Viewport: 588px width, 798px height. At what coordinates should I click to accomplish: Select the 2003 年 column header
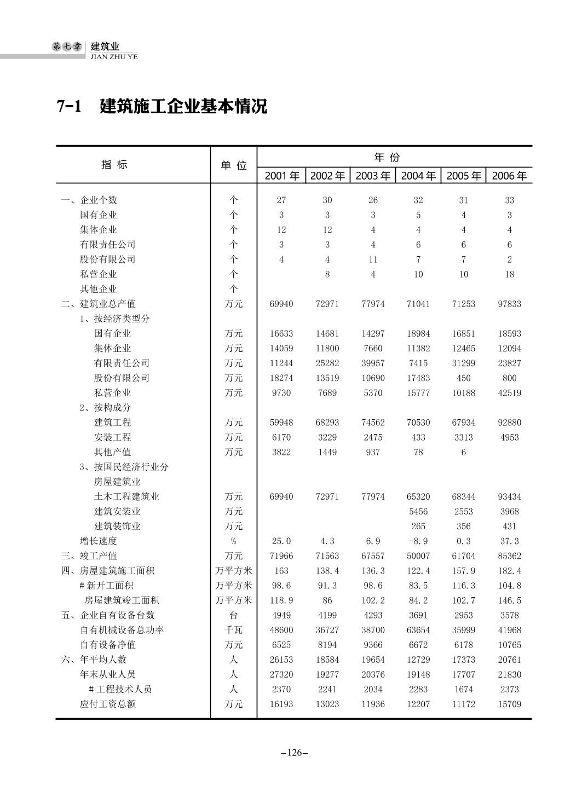[373, 176]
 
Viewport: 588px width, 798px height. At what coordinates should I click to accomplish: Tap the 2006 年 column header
[509, 176]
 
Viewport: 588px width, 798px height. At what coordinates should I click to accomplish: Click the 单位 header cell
[234, 165]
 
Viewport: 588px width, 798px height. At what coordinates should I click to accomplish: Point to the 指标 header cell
[114, 164]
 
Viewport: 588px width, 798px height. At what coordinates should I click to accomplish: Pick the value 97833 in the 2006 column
[509, 304]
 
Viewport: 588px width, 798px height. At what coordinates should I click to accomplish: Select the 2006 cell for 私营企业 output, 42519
[509, 392]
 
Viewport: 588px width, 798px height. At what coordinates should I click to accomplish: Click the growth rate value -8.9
[418, 541]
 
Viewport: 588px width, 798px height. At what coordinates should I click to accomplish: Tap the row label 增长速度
[99, 541]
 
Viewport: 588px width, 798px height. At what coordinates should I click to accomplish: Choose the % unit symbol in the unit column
[234, 541]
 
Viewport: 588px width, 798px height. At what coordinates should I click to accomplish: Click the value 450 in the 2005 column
[464, 378]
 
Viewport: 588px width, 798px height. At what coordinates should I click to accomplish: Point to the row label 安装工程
[113, 437]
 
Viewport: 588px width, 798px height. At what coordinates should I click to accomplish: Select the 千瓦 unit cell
[234, 630]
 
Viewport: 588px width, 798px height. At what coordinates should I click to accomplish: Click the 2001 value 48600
[281, 630]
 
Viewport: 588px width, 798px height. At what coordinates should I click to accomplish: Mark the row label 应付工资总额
[108, 704]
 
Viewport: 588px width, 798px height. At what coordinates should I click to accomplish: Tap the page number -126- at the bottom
[295, 753]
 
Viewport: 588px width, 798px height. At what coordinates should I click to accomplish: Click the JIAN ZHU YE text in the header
[114, 56]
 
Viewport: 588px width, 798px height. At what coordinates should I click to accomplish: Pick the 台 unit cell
[234, 615]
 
